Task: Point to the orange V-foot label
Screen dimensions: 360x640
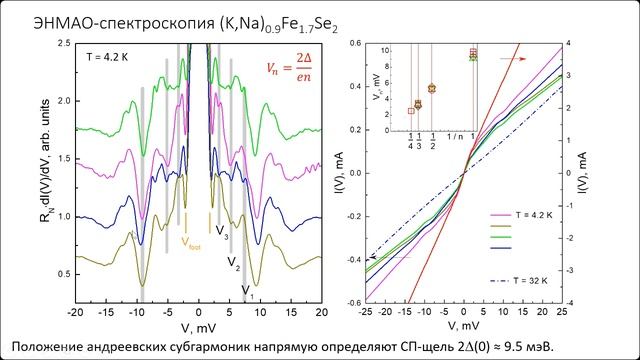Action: click(x=189, y=240)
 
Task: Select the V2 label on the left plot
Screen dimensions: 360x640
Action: click(x=233, y=264)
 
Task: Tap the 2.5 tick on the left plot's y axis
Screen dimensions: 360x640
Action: click(x=61, y=43)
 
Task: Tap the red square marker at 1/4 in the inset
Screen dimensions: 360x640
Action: click(x=411, y=111)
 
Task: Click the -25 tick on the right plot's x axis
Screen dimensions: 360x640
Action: click(x=366, y=312)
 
